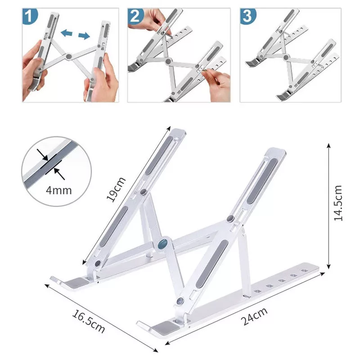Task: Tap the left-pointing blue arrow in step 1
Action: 67,33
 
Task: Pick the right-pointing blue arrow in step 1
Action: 84,35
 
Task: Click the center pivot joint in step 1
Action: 68,57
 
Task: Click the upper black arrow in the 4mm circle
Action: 44,156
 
